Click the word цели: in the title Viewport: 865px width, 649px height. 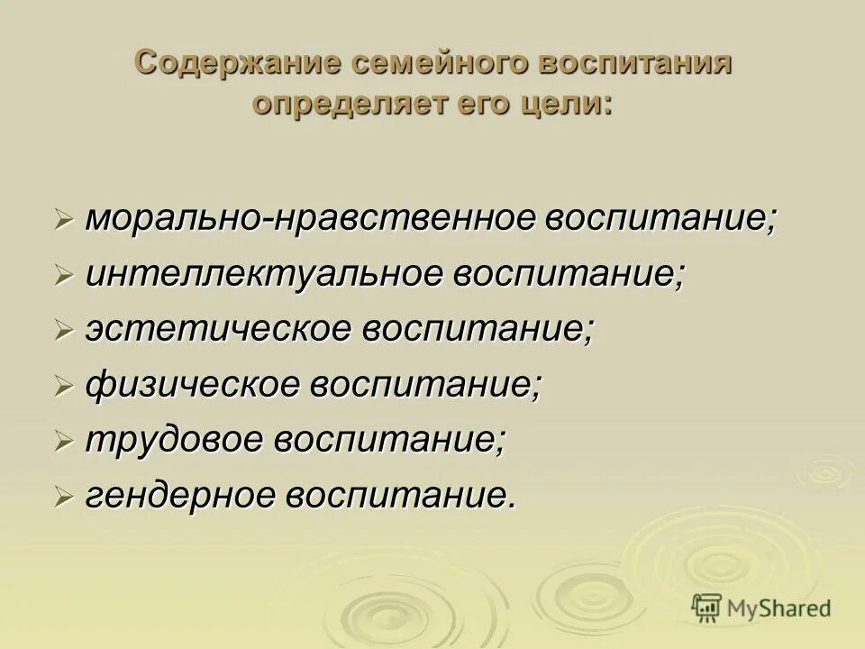[x=567, y=104]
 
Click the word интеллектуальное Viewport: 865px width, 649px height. [x=263, y=275]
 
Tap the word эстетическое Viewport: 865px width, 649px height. [x=218, y=329]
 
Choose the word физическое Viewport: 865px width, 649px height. [x=192, y=385]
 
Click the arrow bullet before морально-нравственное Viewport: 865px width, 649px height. [x=63, y=221]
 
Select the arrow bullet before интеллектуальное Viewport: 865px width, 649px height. [x=63, y=277]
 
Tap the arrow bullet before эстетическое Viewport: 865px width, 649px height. [x=63, y=331]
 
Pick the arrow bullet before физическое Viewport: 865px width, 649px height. [x=63, y=387]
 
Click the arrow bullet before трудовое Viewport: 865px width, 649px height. [x=63, y=442]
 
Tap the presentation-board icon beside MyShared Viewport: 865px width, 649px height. [x=707, y=608]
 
